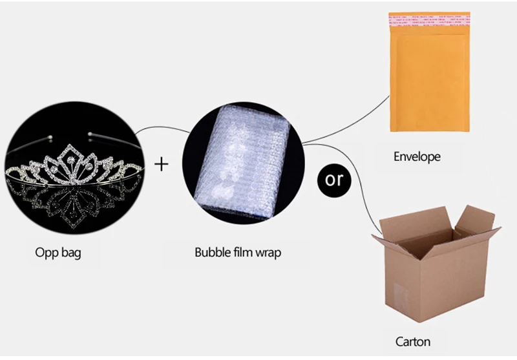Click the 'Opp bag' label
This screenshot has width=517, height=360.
click(x=58, y=252)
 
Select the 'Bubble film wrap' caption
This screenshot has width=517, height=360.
click(x=238, y=252)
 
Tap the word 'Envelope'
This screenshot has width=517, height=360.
click(x=417, y=156)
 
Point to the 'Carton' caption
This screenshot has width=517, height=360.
click(x=412, y=341)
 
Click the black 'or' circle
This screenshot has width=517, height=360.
click(x=335, y=179)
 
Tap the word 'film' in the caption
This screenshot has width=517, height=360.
click(x=242, y=252)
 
